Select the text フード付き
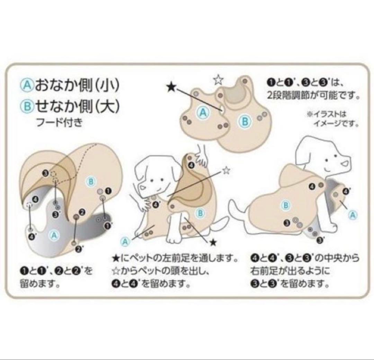[x=59, y=123]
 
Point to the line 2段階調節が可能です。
[x=313, y=96]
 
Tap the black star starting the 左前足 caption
[x=116, y=258]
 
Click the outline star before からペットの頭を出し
[x=116, y=271]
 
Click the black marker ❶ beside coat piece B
[x=108, y=191]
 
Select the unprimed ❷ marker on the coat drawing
[x=82, y=211]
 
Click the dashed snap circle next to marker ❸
[x=54, y=174]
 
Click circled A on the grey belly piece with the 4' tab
[x=54, y=235]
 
